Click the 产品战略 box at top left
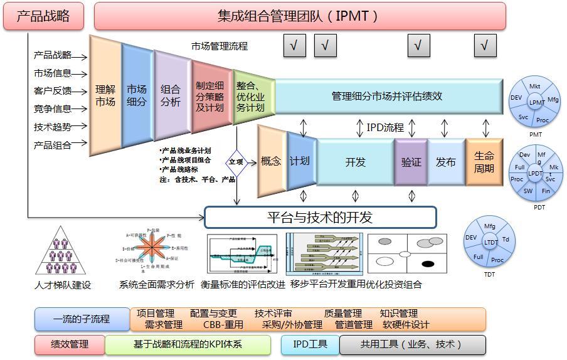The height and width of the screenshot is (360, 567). coord(43,16)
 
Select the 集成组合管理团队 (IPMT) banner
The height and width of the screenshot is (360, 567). coord(299,16)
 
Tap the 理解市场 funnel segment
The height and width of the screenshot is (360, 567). coord(105,95)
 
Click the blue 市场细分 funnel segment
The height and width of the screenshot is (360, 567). coord(137,95)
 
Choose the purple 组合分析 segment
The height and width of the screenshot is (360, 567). coord(171,95)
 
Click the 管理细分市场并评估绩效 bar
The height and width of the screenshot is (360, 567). coord(388,97)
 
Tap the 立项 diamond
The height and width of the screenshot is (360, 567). coord(236,161)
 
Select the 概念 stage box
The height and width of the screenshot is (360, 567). coord(271,161)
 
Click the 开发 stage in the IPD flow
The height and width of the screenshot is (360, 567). coord(355,162)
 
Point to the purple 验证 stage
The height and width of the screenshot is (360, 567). coord(411,162)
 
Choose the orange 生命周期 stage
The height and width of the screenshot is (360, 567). coord(484,162)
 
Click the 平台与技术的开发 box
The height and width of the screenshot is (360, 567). coord(320,218)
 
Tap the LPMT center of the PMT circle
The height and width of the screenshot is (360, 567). coord(536,102)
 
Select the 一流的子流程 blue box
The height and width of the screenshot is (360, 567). coord(82,319)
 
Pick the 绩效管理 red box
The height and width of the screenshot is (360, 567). coord(70,344)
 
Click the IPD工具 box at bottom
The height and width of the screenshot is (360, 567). coord(310,344)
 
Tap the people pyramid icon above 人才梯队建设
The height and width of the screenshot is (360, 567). coord(61,253)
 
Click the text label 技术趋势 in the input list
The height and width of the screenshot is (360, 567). coord(53,127)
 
